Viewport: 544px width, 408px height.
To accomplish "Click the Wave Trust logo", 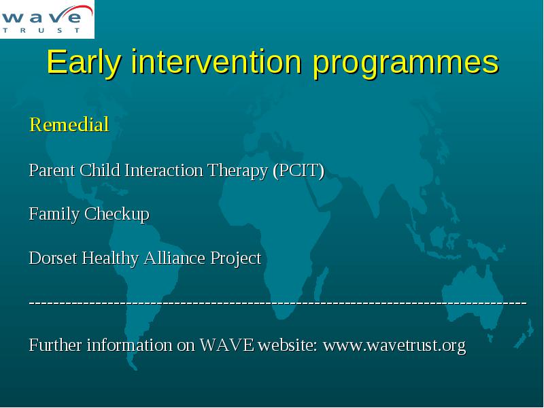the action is pyautogui.click(x=47, y=19).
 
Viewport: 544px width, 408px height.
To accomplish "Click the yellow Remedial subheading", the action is pyautogui.click(x=69, y=124).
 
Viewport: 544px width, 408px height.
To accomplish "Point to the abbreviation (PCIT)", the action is pyautogui.click(x=299, y=171).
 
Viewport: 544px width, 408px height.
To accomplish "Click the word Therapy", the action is pyautogui.click(x=237, y=171).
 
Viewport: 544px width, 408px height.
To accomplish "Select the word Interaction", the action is pyautogui.click(x=164, y=171).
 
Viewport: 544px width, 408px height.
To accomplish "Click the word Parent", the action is pyautogui.click(x=52, y=171).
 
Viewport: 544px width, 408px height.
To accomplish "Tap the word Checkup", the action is pyautogui.click(x=116, y=214).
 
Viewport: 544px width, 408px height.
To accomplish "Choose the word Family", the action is pyautogui.click(x=54, y=214).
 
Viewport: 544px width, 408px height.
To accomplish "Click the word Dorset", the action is pyautogui.click(x=53, y=258).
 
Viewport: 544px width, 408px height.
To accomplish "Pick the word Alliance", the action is pyautogui.click(x=175, y=258).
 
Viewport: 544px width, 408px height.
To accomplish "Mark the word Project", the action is pyautogui.click(x=236, y=259).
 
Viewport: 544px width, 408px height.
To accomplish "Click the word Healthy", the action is pyautogui.click(x=110, y=259).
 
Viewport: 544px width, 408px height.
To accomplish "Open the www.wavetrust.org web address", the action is pyautogui.click(x=394, y=345).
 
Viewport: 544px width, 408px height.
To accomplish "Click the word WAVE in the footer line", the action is pyautogui.click(x=226, y=345).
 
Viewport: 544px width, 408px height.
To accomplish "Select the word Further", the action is pyautogui.click(x=56, y=345).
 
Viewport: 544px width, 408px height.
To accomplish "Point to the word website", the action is pyautogui.click(x=288, y=345).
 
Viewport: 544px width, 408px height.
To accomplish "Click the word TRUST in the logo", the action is pyautogui.click(x=41, y=30).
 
